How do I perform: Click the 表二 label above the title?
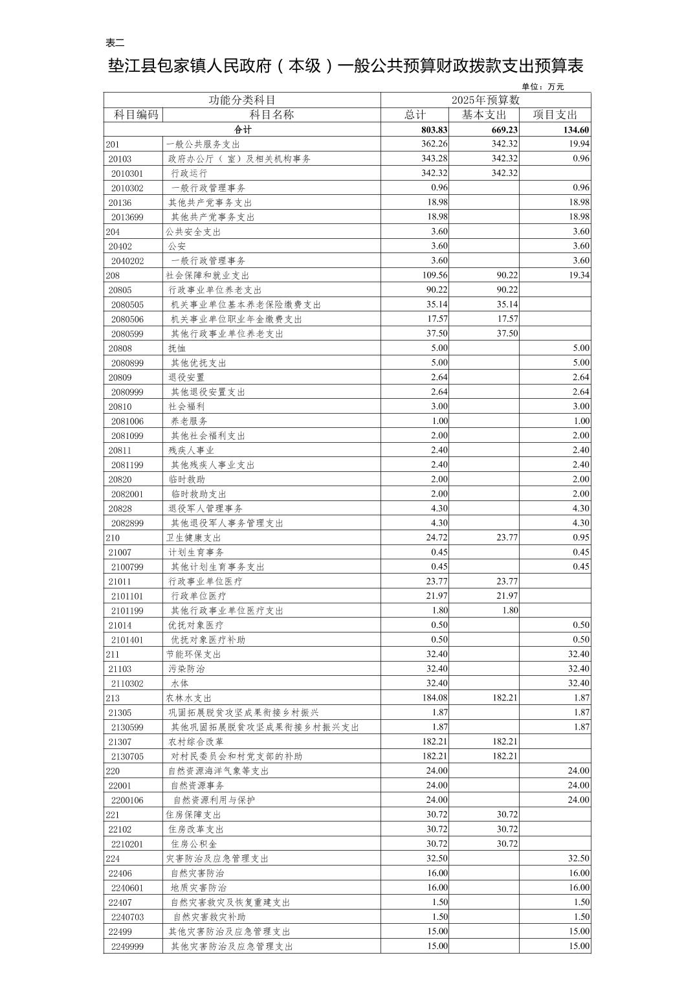[115, 43]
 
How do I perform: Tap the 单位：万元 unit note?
[542, 87]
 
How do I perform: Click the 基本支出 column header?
[483, 115]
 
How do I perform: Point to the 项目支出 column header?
[555, 115]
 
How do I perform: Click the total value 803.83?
[434, 129]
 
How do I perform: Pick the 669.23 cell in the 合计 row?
[504, 129]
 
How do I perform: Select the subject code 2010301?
[127, 173]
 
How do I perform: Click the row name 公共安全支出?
[193, 232]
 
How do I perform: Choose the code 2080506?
[127, 319]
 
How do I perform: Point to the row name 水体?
[180, 684]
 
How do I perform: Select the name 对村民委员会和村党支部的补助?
[236, 756]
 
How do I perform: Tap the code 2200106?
[127, 800]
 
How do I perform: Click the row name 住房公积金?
[193, 844]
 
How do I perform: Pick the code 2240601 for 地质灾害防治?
[127, 888]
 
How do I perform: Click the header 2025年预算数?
[485, 100]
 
